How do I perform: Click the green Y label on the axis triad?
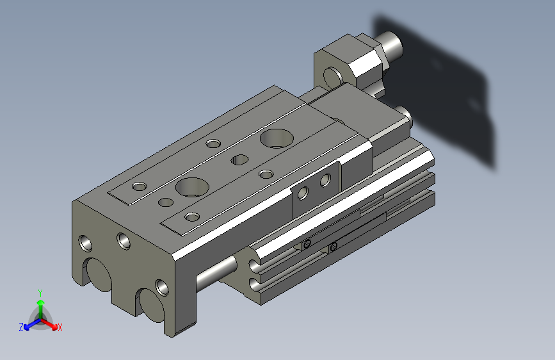40,292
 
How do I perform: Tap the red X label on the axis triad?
60,328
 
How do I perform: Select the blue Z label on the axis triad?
21,327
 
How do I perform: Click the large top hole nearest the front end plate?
192,186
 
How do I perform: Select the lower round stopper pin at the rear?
404,115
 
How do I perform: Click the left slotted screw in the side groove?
308,243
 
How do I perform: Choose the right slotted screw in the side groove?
333,247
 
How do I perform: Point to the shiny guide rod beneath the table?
218,272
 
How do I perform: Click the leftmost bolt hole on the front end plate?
85,243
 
